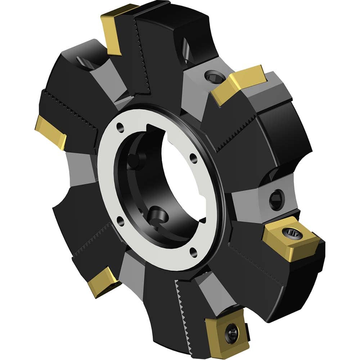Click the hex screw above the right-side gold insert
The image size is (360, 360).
[x=277, y=199]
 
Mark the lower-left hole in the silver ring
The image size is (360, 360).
[x=120, y=220]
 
